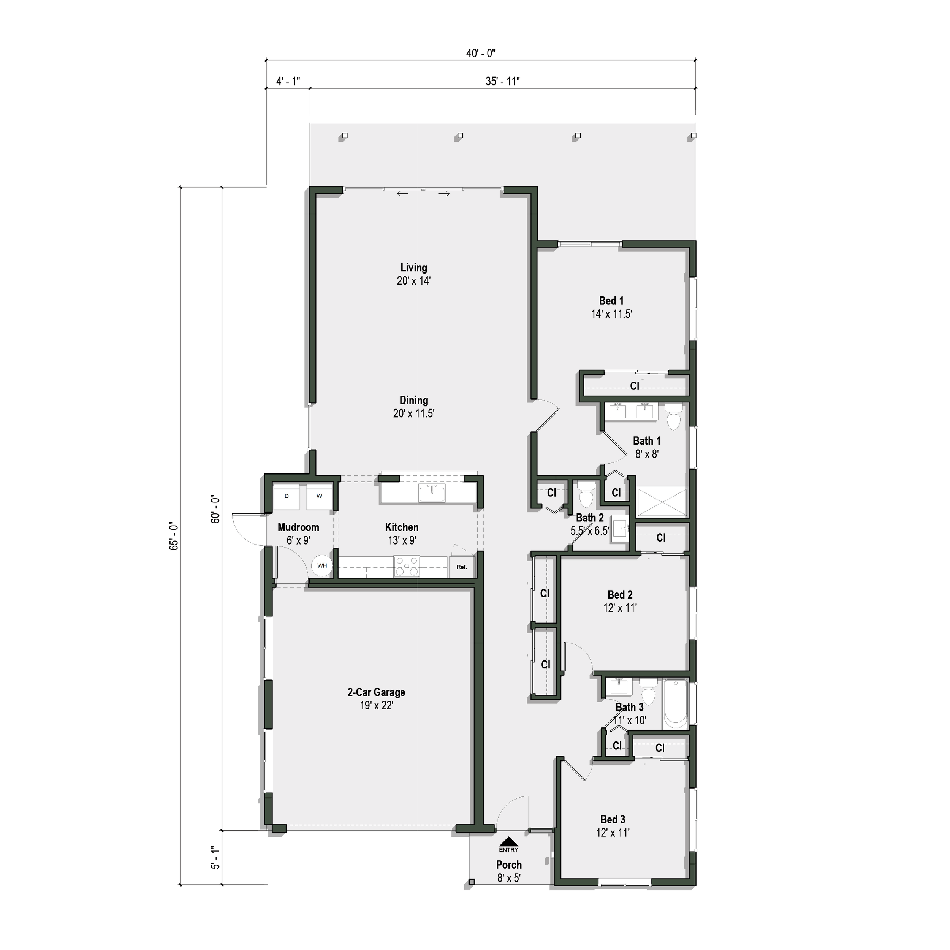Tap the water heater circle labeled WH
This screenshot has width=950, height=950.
pyautogui.click(x=322, y=565)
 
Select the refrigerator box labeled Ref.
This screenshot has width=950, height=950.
pyautogui.click(x=461, y=567)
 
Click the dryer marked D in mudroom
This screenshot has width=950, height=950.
pyautogui.click(x=287, y=497)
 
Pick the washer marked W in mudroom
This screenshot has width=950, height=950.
pyautogui.click(x=320, y=497)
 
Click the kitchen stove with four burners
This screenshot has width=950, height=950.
pyautogui.click(x=407, y=567)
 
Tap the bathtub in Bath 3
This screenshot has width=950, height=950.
pyautogui.click(x=674, y=704)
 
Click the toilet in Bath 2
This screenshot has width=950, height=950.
pyautogui.click(x=586, y=494)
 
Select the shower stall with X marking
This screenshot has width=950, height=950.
pyautogui.click(x=662, y=502)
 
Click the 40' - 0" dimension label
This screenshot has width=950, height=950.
pyautogui.click(x=480, y=53)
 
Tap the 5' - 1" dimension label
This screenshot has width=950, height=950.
pyautogui.click(x=215, y=858)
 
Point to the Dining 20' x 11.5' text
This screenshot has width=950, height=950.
pyautogui.click(x=413, y=407)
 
